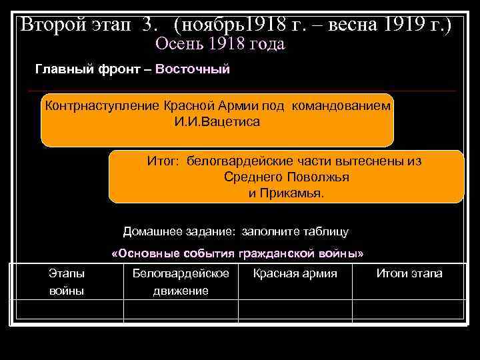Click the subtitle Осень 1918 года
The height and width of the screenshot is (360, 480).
[x=219, y=45]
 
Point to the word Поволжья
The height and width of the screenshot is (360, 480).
[x=317, y=178]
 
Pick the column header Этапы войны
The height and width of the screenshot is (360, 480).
[x=67, y=282]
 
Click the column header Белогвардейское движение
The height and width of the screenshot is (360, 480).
[x=181, y=282]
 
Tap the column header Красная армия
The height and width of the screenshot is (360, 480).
[x=295, y=273]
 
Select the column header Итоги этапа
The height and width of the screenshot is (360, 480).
[x=409, y=273]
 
